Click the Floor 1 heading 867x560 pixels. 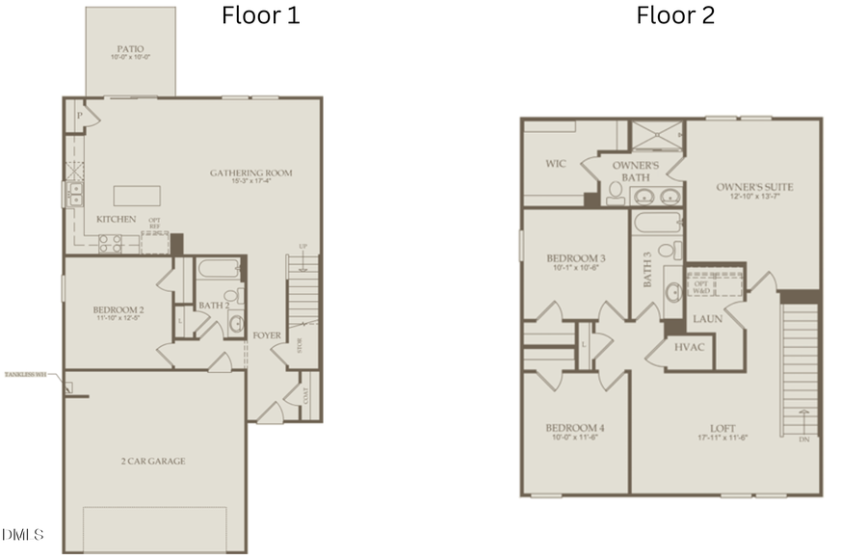pyautogui.click(x=260, y=15)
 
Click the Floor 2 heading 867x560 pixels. pyautogui.click(x=675, y=15)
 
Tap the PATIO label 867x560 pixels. pyautogui.click(x=130, y=48)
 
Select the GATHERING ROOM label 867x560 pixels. pyautogui.click(x=250, y=173)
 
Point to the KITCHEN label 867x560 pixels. pyautogui.click(x=116, y=220)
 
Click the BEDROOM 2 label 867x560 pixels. pyautogui.click(x=117, y=309)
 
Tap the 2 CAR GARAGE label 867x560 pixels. pyautogui.click(x=154, y=461)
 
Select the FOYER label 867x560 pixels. pyautogui.click(x=266, y=335)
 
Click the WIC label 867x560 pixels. pyautogui.click(x=555, y=165)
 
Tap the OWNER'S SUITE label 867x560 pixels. pyautogui.click(x=754, y=187)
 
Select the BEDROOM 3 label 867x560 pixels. pyautogui.click(x=575, y=258)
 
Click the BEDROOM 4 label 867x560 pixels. pyautogui.click(x=574, y=428)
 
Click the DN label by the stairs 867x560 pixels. pyautogui.click(x=803, y=440)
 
